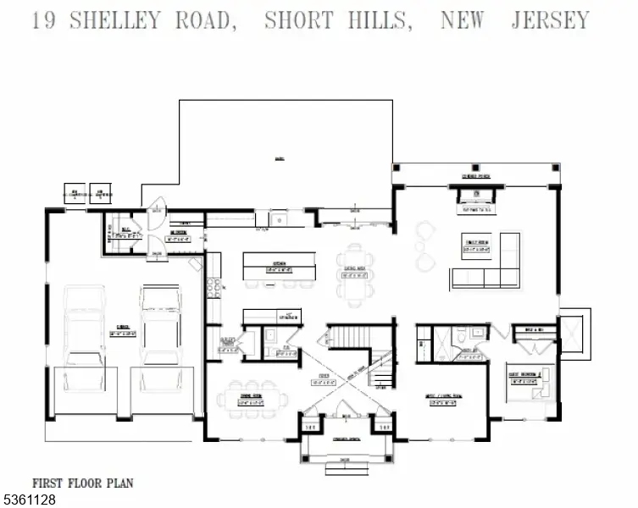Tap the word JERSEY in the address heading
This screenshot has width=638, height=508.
[549, 19]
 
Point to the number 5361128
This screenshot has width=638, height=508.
[30, 500]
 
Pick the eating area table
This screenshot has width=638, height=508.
[354, 271]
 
